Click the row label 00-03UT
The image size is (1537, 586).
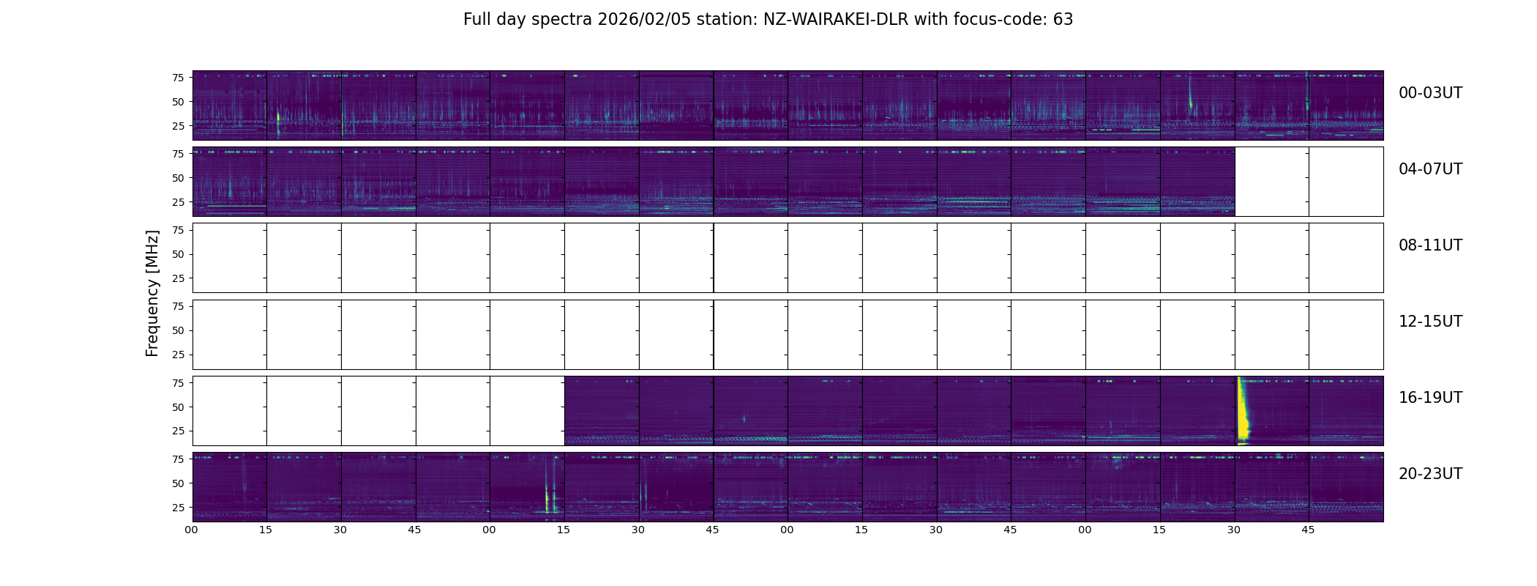click(x=1430, y=93)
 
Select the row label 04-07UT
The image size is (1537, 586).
click(x=1430, y=169)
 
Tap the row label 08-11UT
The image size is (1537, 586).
click(x=1430, y=245)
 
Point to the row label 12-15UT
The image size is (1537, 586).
click(x=1430, y=322)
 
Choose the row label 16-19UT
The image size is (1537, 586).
click(x=1430, y=398)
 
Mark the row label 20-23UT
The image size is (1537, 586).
click(x=1430, y=474)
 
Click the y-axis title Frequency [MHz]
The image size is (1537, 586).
click(x=152, y=293)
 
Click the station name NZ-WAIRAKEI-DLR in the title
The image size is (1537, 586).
click(x=835, y=20)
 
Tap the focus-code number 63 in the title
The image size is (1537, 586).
click(x=1063, y=20)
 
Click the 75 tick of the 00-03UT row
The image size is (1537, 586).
click(x=178, y=78)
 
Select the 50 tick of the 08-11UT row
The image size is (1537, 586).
click(x=178, y=254)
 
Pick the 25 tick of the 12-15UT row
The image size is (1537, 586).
click(x=178, y=355)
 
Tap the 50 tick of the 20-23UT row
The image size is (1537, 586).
click(x=178, y=483)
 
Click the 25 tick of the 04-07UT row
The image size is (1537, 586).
click(x=178, y=202)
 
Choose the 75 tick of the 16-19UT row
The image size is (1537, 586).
click(x=178, y=383)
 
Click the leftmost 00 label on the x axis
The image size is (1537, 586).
click(x=192, y=530)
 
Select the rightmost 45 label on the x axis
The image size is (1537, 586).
click(x=1308, y=530)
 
